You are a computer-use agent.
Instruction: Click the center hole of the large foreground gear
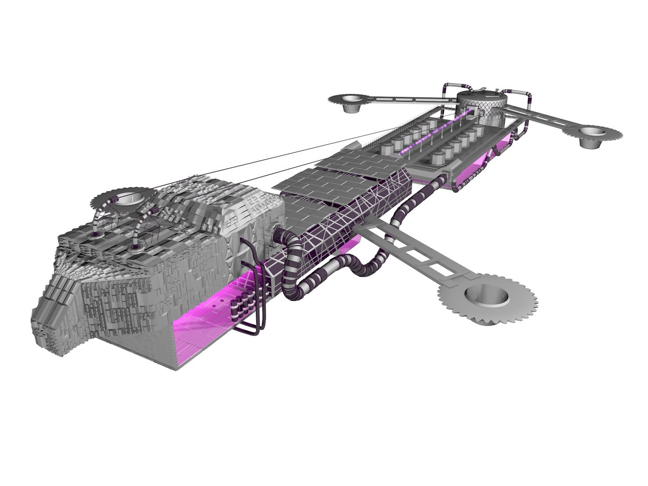point(486,296)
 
